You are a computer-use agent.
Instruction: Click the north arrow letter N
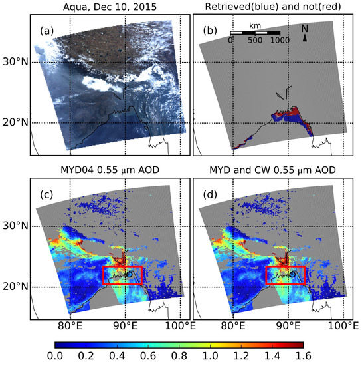[304, 29]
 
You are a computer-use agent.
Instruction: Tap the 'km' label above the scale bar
[254, 26]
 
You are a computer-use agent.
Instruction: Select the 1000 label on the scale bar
[280, 40]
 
